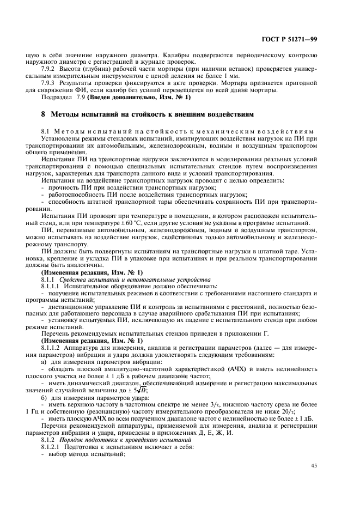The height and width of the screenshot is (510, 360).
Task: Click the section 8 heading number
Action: click(43, 114)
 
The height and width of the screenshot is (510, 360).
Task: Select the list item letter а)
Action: click(44, 361)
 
